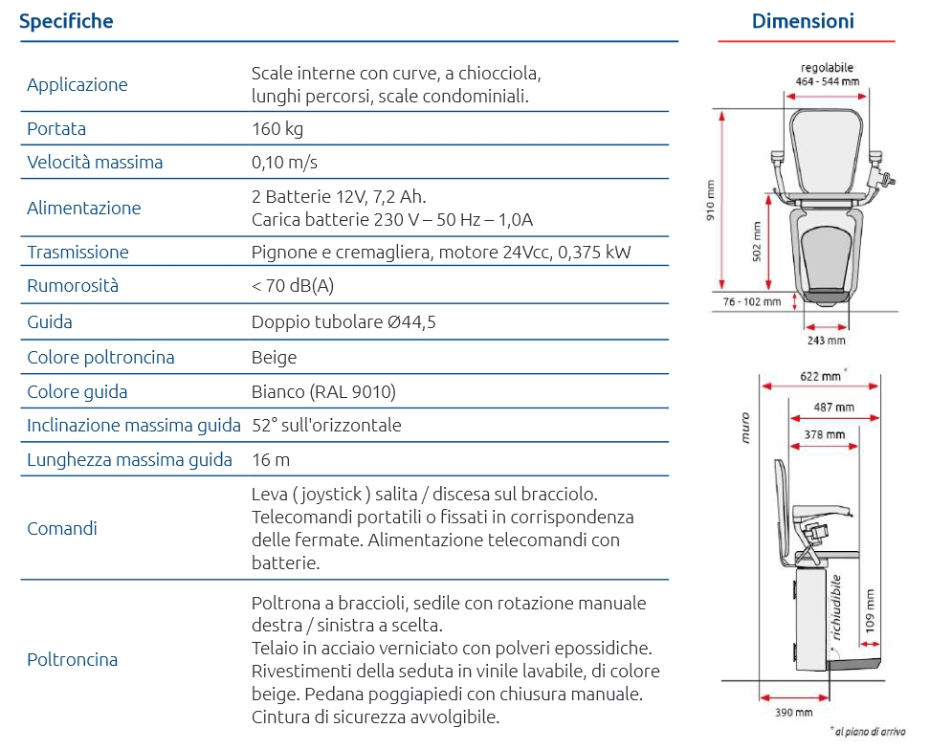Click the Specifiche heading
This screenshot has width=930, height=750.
tap(66, 21)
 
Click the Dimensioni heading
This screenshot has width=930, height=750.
tap(803, 21)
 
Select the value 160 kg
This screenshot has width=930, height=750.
tap(277, 128)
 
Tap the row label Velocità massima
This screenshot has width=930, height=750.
tap(95, 162)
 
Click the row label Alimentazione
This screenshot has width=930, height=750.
tap(83, 208)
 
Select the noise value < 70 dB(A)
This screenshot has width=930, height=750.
tap(293, 286)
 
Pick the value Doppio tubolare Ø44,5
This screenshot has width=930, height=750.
tap(343, 322)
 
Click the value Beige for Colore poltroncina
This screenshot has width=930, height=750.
tap(274, 358)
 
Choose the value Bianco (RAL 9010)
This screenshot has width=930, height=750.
tap(323, 391)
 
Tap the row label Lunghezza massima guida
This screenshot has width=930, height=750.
tap(129, 459)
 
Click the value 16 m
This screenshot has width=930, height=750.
tap(271, 459)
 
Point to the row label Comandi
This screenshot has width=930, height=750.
tap(62, 528)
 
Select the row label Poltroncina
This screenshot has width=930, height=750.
tap(73, 659)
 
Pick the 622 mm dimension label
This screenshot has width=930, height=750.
tap(821, 376)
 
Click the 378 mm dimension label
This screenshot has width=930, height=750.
tap(825, 434)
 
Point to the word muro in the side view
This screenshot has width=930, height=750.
tap(745, 427)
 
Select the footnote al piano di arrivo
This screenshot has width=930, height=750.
tap(869, 732)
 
